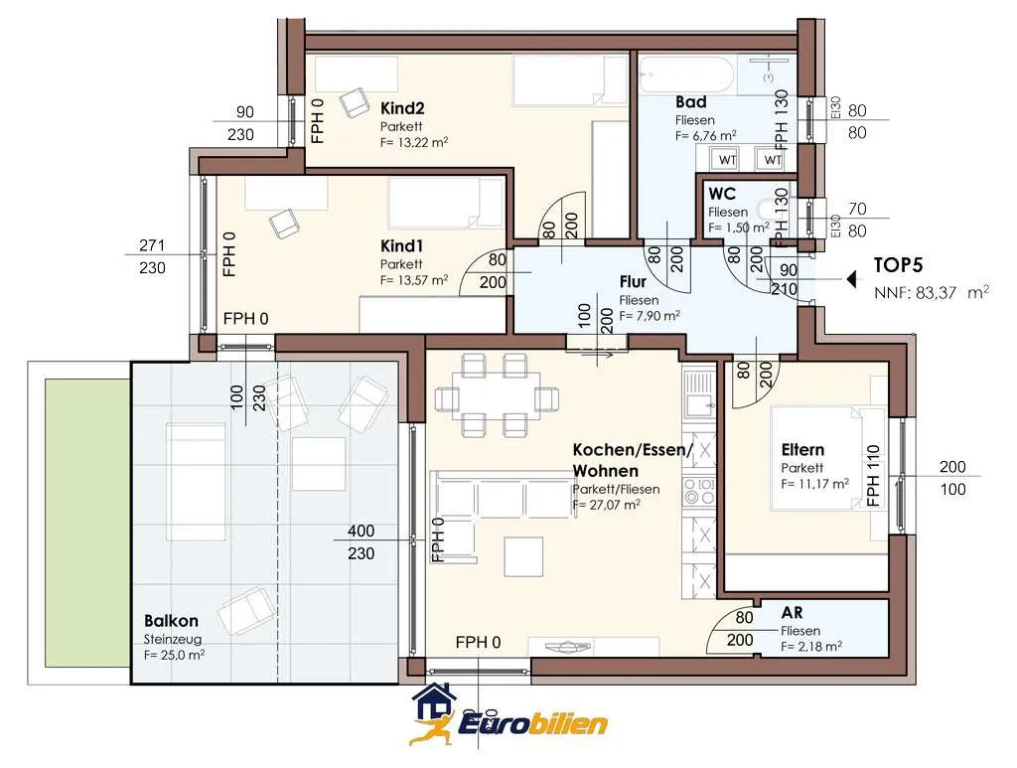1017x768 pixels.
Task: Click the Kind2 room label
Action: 402,107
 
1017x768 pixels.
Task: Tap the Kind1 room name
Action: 401,245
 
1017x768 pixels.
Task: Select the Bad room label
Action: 691,102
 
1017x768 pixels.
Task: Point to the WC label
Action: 722,194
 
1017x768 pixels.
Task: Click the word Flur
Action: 633,281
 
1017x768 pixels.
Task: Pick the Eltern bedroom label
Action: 802,449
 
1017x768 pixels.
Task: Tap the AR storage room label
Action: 792,612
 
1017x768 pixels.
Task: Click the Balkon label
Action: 171,621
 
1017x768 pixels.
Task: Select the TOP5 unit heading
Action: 898,264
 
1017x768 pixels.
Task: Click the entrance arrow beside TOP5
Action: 852,279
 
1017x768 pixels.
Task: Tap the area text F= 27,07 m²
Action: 607,505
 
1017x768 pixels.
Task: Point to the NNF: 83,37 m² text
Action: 932,292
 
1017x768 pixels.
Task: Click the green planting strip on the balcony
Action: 87,523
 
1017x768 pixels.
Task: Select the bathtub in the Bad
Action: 687,76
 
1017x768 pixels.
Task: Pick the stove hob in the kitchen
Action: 699,492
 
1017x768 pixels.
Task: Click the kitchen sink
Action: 699,393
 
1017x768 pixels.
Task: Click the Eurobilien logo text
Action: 533,723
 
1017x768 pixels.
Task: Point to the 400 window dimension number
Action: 361,531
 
